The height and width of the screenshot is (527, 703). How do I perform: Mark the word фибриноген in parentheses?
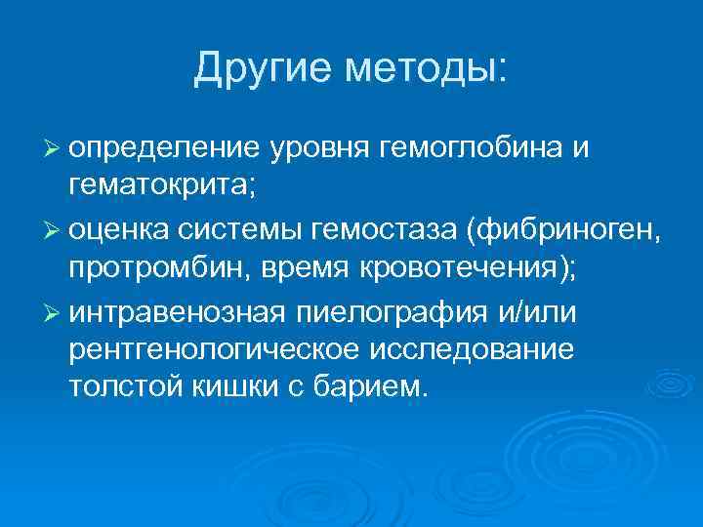pyautogui.click(x=565, y=229)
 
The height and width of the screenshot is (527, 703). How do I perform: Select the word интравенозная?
pyautogui.click(x=177, y=311)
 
